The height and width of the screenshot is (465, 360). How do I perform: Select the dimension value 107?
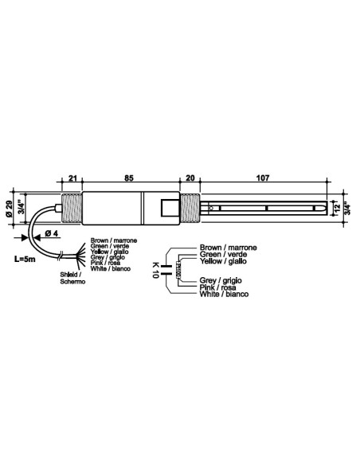(264, 178)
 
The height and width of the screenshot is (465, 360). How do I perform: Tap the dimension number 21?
(72, 178)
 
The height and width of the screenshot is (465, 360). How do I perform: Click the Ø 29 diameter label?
(9, 209)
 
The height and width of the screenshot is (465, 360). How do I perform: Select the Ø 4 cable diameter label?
(49, 232)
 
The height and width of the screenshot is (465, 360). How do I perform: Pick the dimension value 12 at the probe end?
(338, 209)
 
